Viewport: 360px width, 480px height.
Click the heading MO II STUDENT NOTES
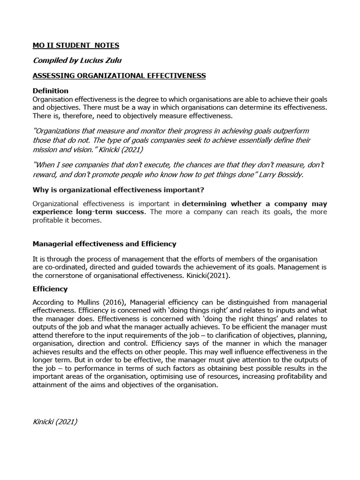(76, 45)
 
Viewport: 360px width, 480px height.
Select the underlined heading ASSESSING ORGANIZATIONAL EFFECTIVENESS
(119, 76)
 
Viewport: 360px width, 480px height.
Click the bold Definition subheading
(50, 90)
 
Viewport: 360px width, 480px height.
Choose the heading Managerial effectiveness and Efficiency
(104, 244)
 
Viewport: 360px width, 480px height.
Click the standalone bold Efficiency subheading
(50, 289)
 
